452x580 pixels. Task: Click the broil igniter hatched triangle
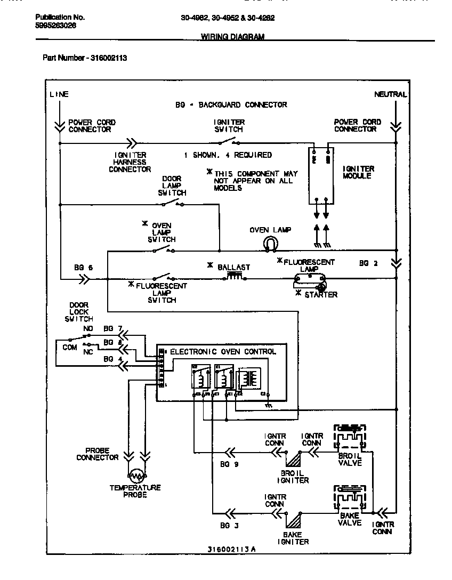tap(293, 458)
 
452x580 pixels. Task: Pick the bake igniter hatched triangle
tap(293, 520)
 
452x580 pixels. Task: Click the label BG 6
tap(83, 268)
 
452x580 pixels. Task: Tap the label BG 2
tap(368, 263)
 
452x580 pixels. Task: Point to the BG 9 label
tap(229, 465)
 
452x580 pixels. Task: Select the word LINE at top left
tap(59, 94)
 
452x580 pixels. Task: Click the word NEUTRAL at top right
tap(391, 94)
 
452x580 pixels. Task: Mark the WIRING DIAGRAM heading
tap(232, 37)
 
